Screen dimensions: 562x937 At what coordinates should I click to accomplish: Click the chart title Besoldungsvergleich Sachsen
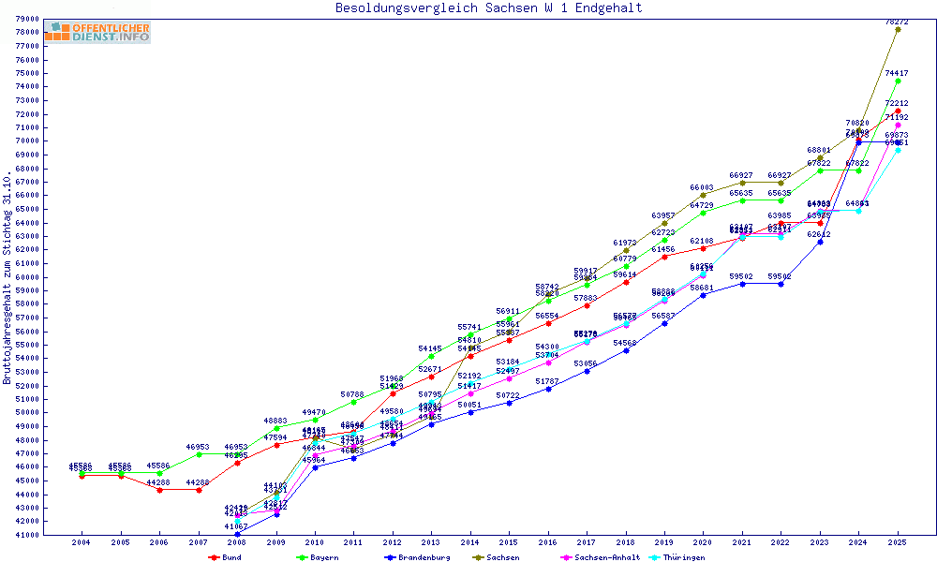(x=489, y=8)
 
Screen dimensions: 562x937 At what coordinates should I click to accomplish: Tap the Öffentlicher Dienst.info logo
(x=97, y=33)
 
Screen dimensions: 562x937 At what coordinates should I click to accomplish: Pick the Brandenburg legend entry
(x=417, y=557)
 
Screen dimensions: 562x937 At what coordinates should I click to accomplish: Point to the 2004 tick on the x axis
(x=82, y=542)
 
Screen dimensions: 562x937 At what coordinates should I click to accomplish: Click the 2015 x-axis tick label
(x=509, y=542)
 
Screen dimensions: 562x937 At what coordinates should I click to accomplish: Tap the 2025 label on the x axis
(x=898, y=542)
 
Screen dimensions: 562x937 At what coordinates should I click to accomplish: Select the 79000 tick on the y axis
(x=26, y=19)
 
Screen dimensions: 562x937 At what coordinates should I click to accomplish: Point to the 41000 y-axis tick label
(x=26, y=535)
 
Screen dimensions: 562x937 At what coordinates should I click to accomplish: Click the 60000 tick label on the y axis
(x=26, y=276)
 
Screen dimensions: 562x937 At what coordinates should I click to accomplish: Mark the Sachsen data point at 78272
(x=898, y=29)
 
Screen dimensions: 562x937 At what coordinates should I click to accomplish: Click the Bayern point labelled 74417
(x=898, y=81)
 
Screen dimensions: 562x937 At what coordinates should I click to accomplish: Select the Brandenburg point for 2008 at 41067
(x=237, y=534)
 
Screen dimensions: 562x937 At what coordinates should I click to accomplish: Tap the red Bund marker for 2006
(x=159, y=490)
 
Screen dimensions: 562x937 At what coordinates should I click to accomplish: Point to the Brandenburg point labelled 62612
(x=820, y=242)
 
